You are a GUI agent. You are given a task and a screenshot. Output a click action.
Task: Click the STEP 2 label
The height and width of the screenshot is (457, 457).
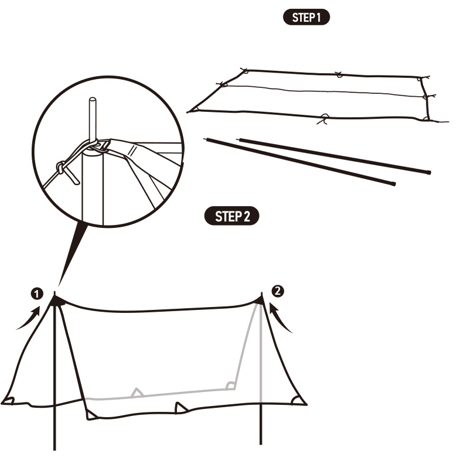click(x=232, y=216)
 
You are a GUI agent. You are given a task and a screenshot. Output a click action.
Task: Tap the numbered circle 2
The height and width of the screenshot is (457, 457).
click(x=278, y=289)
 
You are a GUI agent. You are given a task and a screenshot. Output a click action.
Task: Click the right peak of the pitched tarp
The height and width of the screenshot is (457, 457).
click(x=260, y=301)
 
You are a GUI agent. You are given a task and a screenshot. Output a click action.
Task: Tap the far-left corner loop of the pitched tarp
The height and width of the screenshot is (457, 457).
click(x=8, y=400)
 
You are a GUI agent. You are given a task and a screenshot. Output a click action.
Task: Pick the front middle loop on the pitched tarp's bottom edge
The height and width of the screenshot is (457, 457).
click(x=180, y=407)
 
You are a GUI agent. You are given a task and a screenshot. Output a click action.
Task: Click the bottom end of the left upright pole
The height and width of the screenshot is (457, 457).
click(x=55, y=448)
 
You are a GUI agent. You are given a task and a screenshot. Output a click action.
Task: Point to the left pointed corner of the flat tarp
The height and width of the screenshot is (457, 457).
click(x=189, y=111)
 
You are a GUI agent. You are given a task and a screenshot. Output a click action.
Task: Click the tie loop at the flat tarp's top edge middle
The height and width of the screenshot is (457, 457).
click(x=338, y=74)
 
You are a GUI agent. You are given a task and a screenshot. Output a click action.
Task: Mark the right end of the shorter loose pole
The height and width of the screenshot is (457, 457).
click(x=394, y=184)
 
